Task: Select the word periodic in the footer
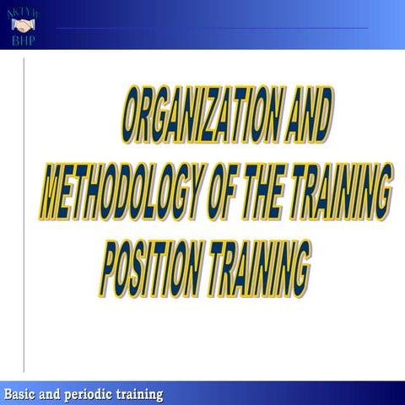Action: [89, 394]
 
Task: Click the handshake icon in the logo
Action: [22, 24]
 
